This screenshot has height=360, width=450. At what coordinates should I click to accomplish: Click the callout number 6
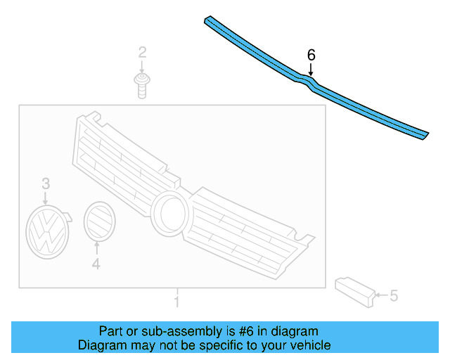(311, 54)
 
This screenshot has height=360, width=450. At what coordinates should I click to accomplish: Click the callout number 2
(142, 51)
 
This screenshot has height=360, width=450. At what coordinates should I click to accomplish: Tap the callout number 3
(45, 184)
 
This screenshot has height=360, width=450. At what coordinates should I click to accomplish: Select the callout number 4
(96, 264)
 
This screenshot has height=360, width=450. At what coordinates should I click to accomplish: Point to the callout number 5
(394, 296)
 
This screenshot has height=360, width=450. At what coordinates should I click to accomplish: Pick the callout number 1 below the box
(177, 302)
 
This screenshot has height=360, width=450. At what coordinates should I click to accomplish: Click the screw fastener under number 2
(142, 84)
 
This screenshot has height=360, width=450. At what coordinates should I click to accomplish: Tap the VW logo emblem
(46, 231)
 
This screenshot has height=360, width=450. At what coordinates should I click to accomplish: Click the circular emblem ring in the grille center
(169, 212)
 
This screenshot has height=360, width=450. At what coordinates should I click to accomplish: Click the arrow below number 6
(311, 68)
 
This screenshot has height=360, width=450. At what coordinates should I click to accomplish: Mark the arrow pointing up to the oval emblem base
(97, 248)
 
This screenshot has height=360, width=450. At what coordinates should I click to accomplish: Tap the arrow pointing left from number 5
(380, 296)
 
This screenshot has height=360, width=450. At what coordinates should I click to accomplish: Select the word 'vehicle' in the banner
(309, 345)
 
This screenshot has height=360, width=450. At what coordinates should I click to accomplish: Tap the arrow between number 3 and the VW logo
(46, 198)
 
